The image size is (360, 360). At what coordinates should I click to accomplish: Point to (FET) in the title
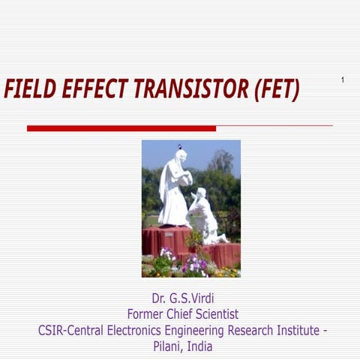[277, 90]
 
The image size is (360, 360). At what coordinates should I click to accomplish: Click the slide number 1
[343, 79]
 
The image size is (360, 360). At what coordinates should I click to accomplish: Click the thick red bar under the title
[121, 128]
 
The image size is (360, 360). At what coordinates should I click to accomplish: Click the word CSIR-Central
[72, 331]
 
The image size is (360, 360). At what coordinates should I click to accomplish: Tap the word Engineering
[208, 331]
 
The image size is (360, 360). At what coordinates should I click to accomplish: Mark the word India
[200, 346]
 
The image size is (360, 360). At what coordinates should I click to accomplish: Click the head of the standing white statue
[180, 155]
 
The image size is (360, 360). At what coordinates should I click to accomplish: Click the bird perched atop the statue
[179, 145]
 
